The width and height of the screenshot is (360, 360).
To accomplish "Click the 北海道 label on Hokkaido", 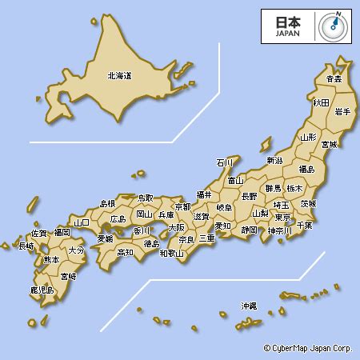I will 119,76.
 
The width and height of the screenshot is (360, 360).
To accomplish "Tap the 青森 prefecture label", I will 334,79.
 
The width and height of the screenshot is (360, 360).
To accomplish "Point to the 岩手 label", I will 342,111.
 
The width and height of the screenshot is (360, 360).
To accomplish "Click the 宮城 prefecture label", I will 329,145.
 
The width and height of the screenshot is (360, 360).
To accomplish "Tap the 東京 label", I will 282,217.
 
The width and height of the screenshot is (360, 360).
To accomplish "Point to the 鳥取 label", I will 145,198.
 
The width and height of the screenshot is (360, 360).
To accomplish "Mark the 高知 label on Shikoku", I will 126,252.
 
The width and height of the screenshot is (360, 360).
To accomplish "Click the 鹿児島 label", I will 42,290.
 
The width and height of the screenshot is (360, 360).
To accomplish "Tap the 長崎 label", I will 26,246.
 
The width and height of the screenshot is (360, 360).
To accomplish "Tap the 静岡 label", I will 250,230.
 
